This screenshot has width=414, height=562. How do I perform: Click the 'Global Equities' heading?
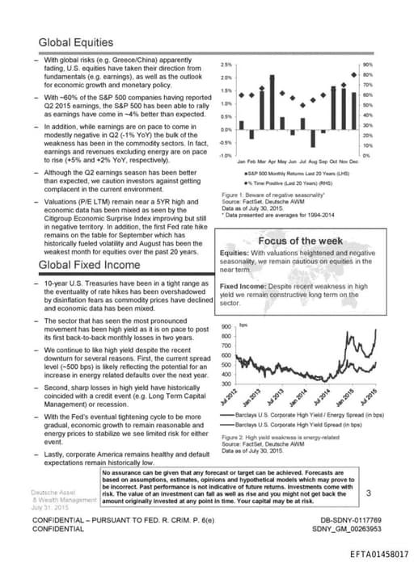tap(76, 42)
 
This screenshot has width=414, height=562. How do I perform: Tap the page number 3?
tap(368, 493)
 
